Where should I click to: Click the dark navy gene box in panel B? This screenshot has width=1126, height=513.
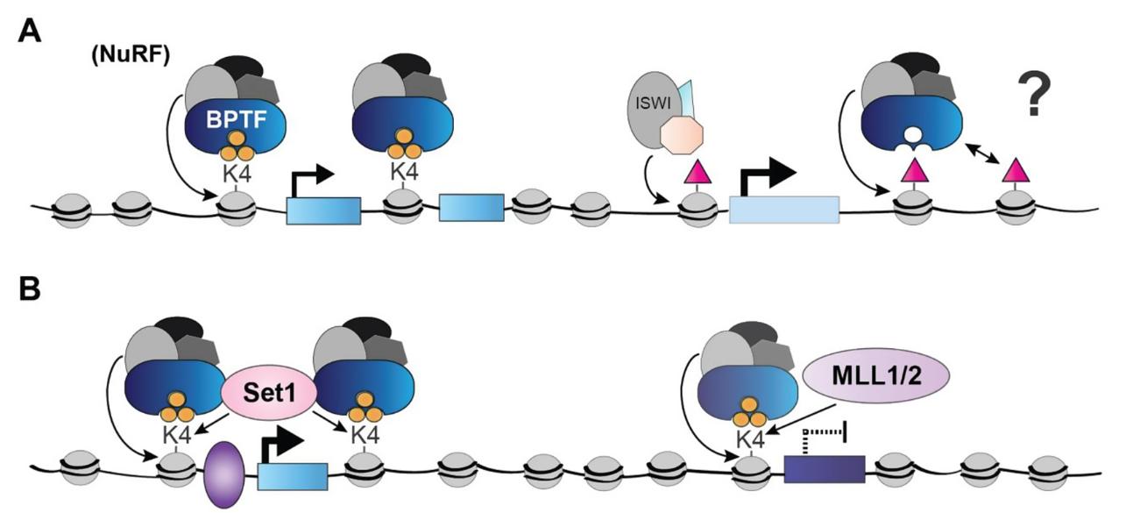824,470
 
